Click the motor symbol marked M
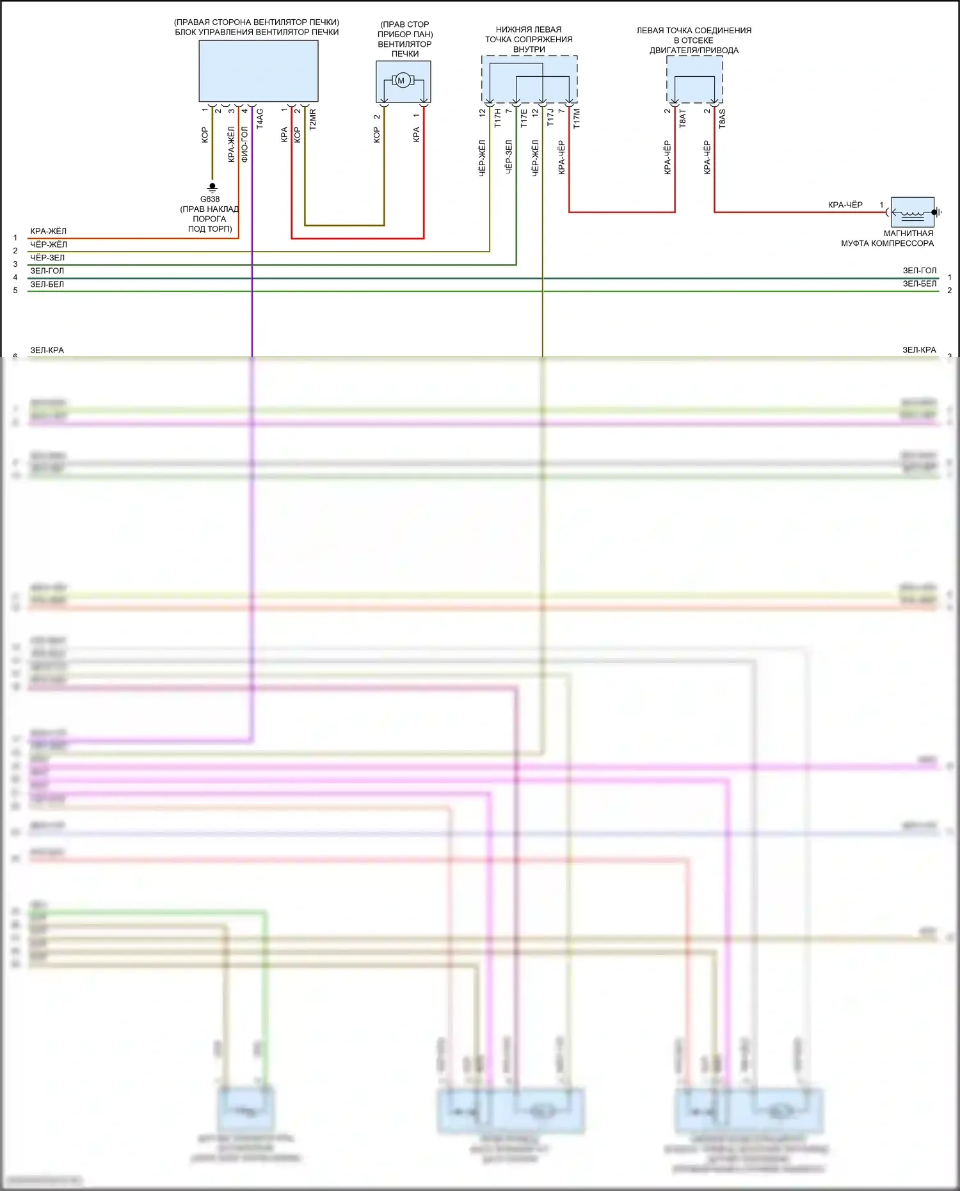(x=401, y=81)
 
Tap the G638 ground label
(x=210, y=199)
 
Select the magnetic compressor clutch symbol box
(x=913, y=212)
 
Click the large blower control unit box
(x=258, y=71)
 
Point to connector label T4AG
(x=260, y=119)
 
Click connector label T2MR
(x=313, y=120)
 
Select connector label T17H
(x=497, y=118)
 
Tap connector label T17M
(x=577, y=118)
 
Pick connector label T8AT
(x=682, y=118)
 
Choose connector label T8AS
(x=722, y=118)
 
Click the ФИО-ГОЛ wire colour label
(x=244, y=144)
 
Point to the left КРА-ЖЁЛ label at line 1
(x=48, y=231)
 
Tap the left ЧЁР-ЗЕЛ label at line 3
(x=47, y=257)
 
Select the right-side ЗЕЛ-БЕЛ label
(x=919, y=284)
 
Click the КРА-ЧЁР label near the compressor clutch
(x=845, y=205)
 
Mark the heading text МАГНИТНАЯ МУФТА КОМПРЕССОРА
(x=887, y=238)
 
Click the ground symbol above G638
(x=212, y=188)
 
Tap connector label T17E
(x=524, y=118)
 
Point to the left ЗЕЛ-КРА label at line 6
(x=47, y=350)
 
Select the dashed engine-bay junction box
(x=694, y=79)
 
